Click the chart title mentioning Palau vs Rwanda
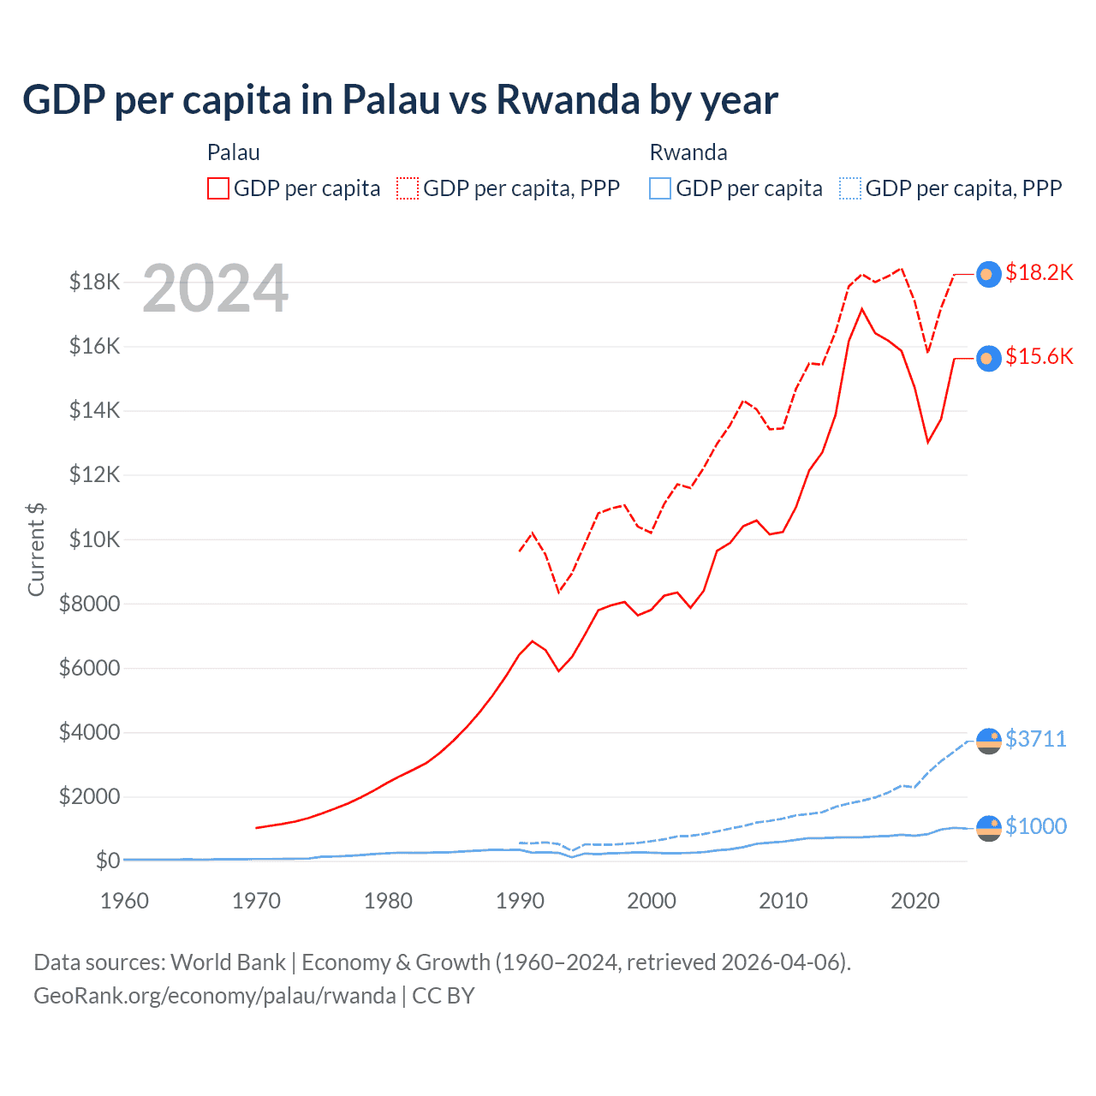coord(400,100)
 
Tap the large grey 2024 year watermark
coord(215,289)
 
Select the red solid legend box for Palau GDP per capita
coord(218,188)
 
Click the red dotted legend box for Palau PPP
coord(408,188)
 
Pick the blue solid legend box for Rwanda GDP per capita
coord(660,188)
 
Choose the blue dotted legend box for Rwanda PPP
coord(850,188)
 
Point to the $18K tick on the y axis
coord(94,282)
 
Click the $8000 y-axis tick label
coord(89,604)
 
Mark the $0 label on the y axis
coord(107,861)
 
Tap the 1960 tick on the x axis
coord(125,901)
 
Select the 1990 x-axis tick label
coord(520,901)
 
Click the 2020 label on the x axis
coord(915,901)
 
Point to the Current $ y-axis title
coord(36,550)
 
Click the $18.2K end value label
coord(1039,272)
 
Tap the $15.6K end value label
coord(1039,356)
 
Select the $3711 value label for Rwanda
coord(1036,739)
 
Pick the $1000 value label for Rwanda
coord(1036,826)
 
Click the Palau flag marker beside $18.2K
coord(989,274)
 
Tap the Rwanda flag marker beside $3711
coord(989,741)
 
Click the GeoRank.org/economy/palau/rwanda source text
coord(214,996)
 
